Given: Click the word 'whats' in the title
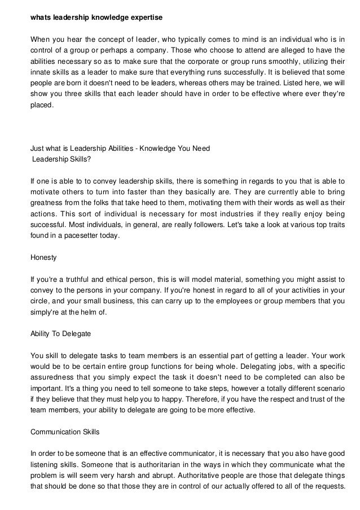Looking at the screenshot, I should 40,18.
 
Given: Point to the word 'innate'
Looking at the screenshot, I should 39,73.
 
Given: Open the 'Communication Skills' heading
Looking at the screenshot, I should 65,432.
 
